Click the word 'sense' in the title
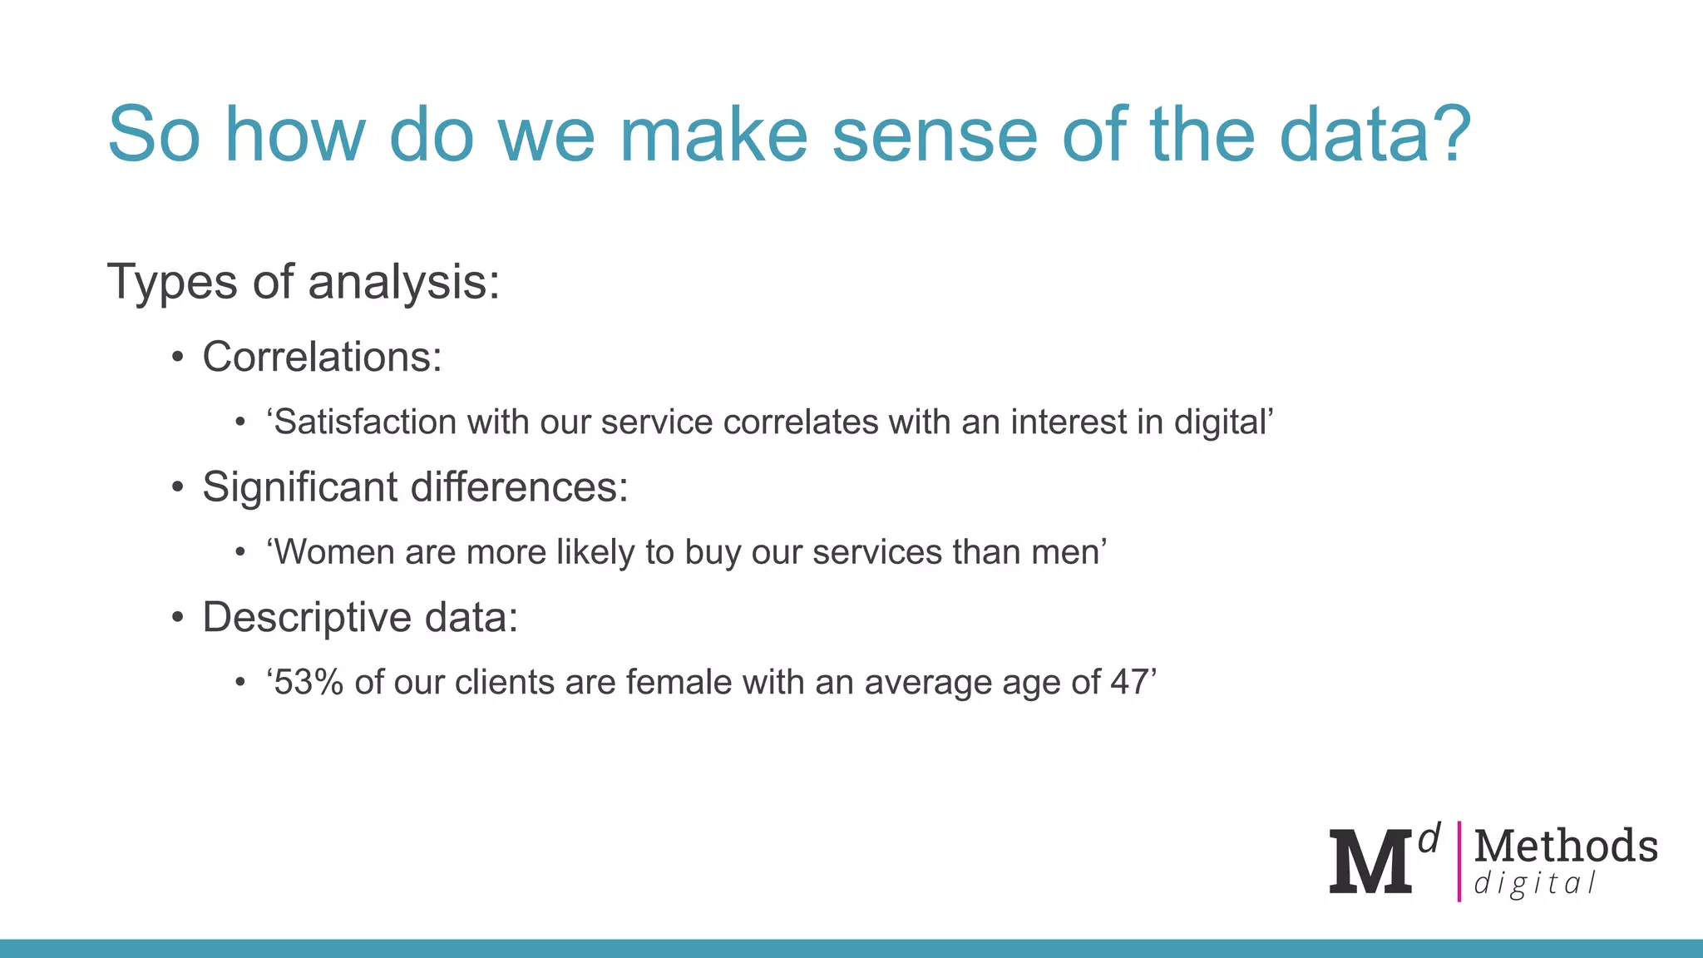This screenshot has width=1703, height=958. (935, 136)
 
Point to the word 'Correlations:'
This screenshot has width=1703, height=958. (322, 358)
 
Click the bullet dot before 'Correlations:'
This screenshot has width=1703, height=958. (177, 358)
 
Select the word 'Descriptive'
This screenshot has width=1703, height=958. (307, 618)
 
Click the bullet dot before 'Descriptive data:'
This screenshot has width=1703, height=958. (177, 619)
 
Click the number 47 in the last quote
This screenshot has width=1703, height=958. (1129, 683)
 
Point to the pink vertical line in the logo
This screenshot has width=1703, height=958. (1459, 862)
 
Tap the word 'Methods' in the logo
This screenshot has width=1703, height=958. (1566, 846)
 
